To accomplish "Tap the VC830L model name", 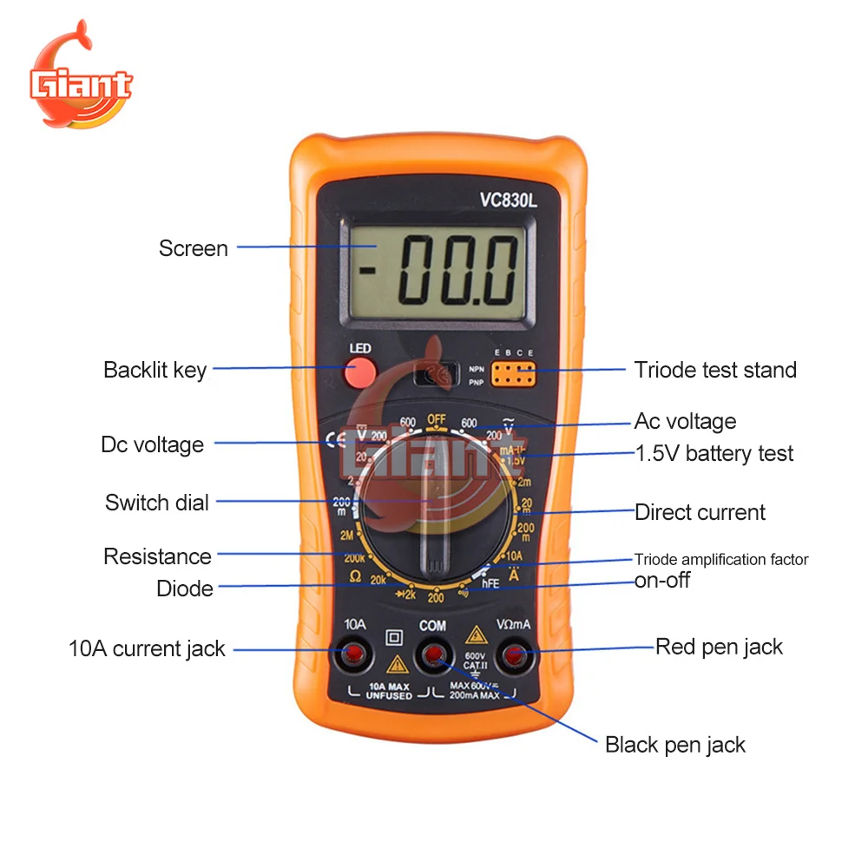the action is click(x=509, y=200).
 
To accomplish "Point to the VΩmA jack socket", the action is click(x=515, y=655).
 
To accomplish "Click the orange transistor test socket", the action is click(x=512, y=374).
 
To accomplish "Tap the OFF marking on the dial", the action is click(x=436, y=419).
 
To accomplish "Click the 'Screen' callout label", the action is click(x=193, y=248).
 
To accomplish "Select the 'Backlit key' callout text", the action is click(x=155, y=370).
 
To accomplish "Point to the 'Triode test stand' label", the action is click(x=715, y=370).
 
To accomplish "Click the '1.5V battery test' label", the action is click(x=714, y=453).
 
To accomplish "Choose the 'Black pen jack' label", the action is click(x=674, y=745).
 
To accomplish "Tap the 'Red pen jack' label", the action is click(x=719, y=647).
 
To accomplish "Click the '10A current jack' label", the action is click(x=147, y=648).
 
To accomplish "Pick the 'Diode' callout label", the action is click(x=184, y=589).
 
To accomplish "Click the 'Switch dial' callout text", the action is click(x=157, y=503).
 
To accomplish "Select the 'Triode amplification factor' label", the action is click(x=721, y=560).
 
